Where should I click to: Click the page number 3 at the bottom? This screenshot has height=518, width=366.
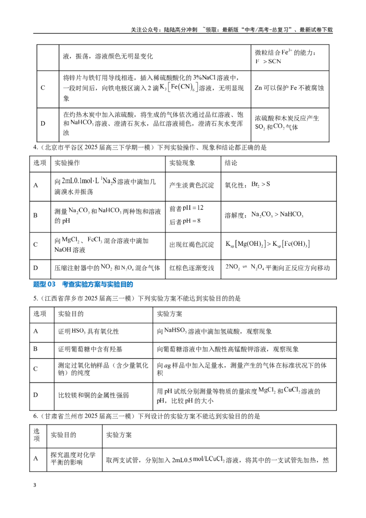[35, 485]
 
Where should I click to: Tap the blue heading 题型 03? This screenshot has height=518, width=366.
[44, 285]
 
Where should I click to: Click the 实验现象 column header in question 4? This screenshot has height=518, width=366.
[183, 163]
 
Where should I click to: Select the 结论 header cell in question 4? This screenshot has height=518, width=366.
[231, 163]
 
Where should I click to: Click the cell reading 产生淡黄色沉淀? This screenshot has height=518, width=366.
[192, 185]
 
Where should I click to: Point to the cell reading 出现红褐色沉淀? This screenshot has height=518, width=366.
[192, 245]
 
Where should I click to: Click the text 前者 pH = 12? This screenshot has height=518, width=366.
[186, 208]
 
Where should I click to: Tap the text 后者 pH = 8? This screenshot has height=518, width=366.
[185, 221]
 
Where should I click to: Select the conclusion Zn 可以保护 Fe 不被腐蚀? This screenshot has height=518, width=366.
[289, 88]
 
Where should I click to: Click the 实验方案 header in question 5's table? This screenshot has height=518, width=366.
[169, 314]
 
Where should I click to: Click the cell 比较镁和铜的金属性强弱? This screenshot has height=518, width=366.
[93, 395]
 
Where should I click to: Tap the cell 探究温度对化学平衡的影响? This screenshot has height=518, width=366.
[73, 459]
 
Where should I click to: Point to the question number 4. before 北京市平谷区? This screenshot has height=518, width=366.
[36, 147]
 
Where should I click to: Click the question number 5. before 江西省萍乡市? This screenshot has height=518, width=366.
[36, 299]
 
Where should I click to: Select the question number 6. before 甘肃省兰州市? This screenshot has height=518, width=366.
[36, 416]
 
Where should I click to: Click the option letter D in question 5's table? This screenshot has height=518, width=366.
[36, 395]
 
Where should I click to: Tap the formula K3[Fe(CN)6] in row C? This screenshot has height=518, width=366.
[179, 87]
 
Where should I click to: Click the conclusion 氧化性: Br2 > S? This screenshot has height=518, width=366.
[248, 185]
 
